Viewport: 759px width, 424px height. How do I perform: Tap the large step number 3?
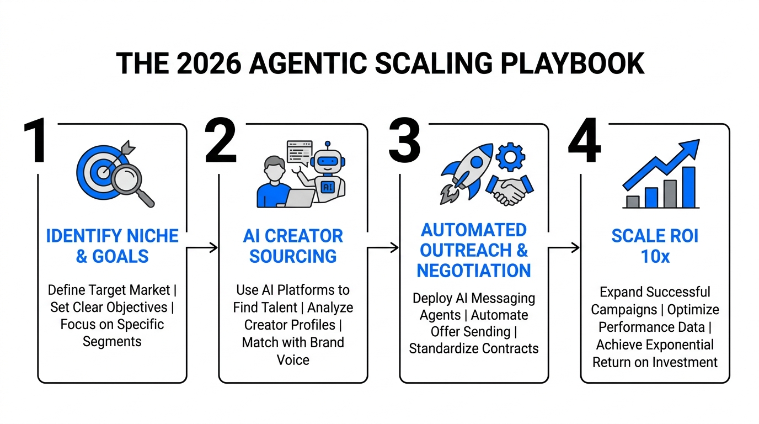point(404,142)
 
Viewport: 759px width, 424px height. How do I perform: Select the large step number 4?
point(584,142)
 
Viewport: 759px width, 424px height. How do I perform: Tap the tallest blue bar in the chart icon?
point(689,187)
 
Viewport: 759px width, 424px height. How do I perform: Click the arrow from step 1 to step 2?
point(202,248)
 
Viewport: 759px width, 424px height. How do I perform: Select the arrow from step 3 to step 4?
point(564,248)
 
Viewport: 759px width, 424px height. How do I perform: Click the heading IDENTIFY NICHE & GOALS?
point(112,246)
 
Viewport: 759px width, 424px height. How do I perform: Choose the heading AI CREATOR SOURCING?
point(293,246)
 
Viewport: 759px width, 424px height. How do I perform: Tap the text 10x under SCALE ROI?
point(655,257)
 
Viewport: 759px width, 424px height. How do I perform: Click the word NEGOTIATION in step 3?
point(474,271)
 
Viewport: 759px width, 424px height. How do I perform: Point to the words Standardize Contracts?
point(474,349)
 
